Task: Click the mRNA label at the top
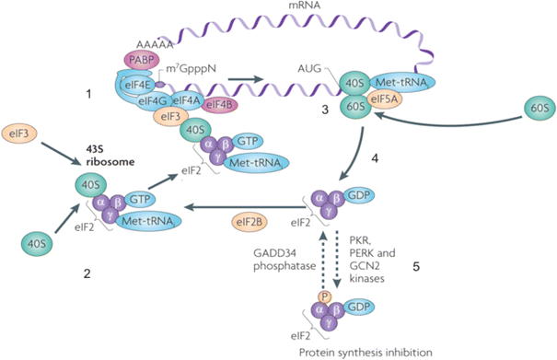303,7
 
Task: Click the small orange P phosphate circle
323,297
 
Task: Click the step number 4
376,157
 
